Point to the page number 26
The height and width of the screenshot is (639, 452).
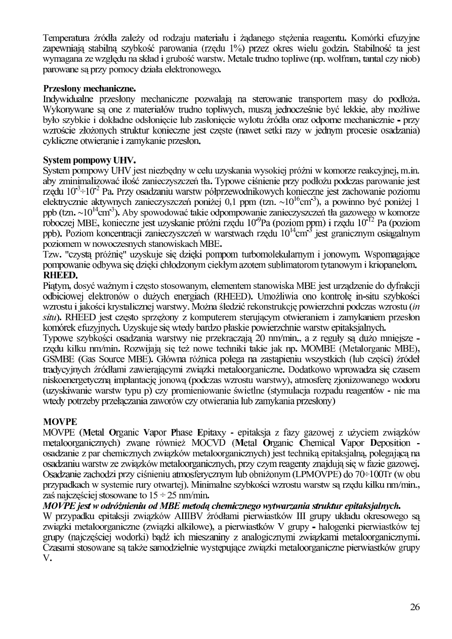(415, 608)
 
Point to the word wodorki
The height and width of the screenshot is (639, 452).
(143, 537)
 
